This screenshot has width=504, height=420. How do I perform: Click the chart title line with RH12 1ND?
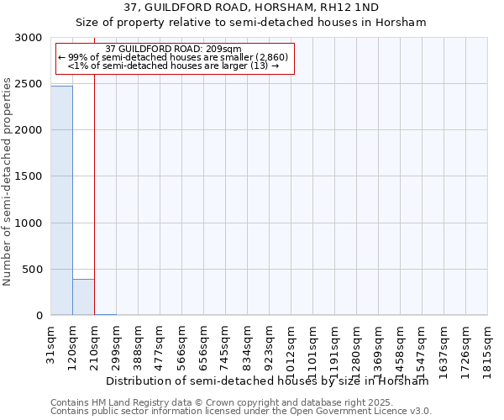[x=251, y=8]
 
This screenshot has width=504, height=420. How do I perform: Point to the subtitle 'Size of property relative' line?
[x=251, y=23]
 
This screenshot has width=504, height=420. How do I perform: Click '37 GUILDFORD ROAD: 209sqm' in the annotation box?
[x=174, y=49]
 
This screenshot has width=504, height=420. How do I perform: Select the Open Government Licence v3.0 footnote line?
[x=241, y=412]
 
